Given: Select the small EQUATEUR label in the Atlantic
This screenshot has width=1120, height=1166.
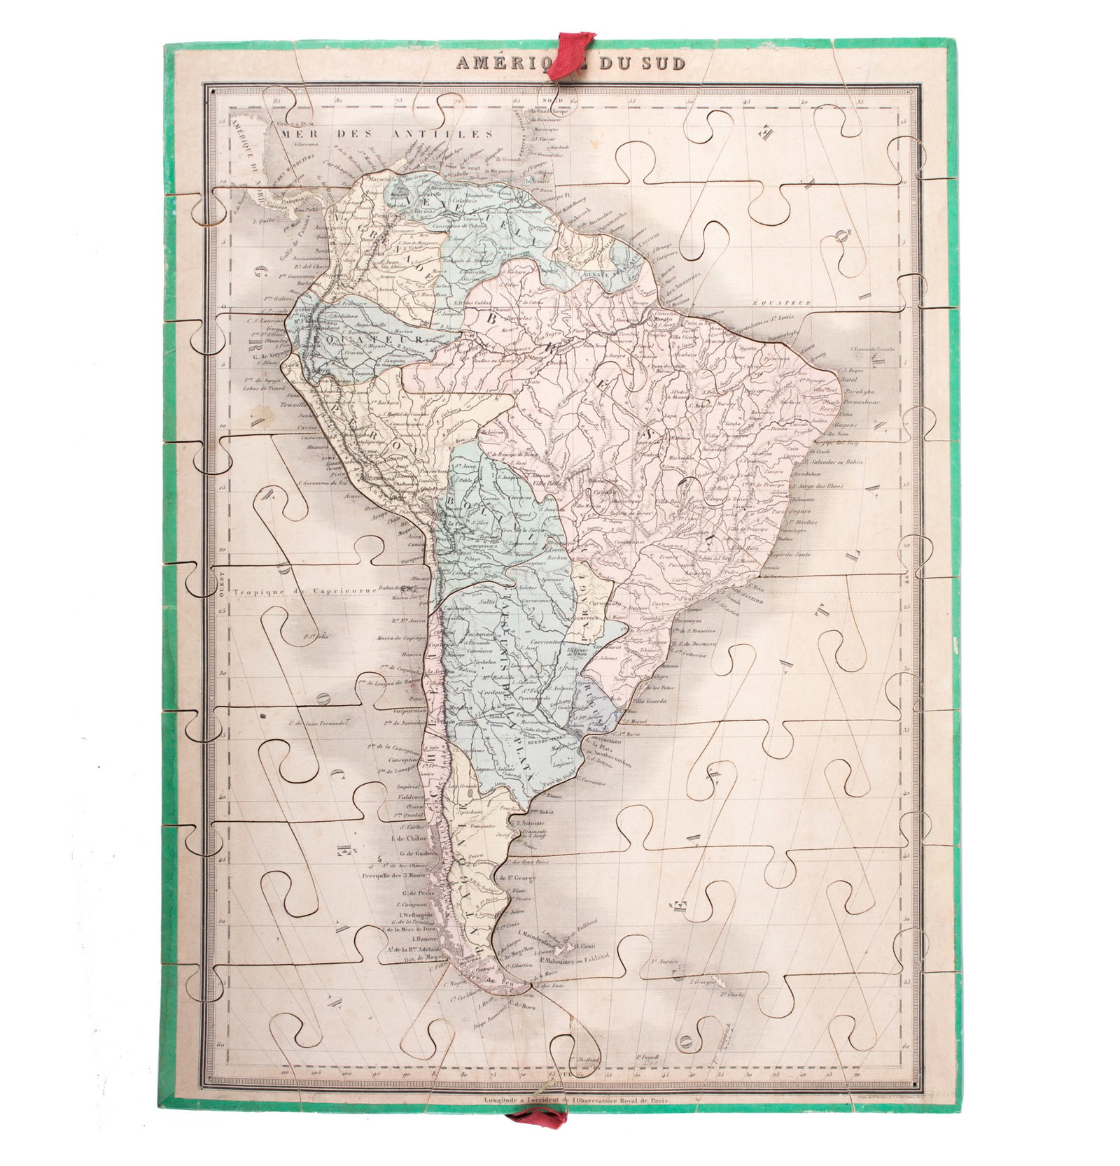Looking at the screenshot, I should coord(781,303).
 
